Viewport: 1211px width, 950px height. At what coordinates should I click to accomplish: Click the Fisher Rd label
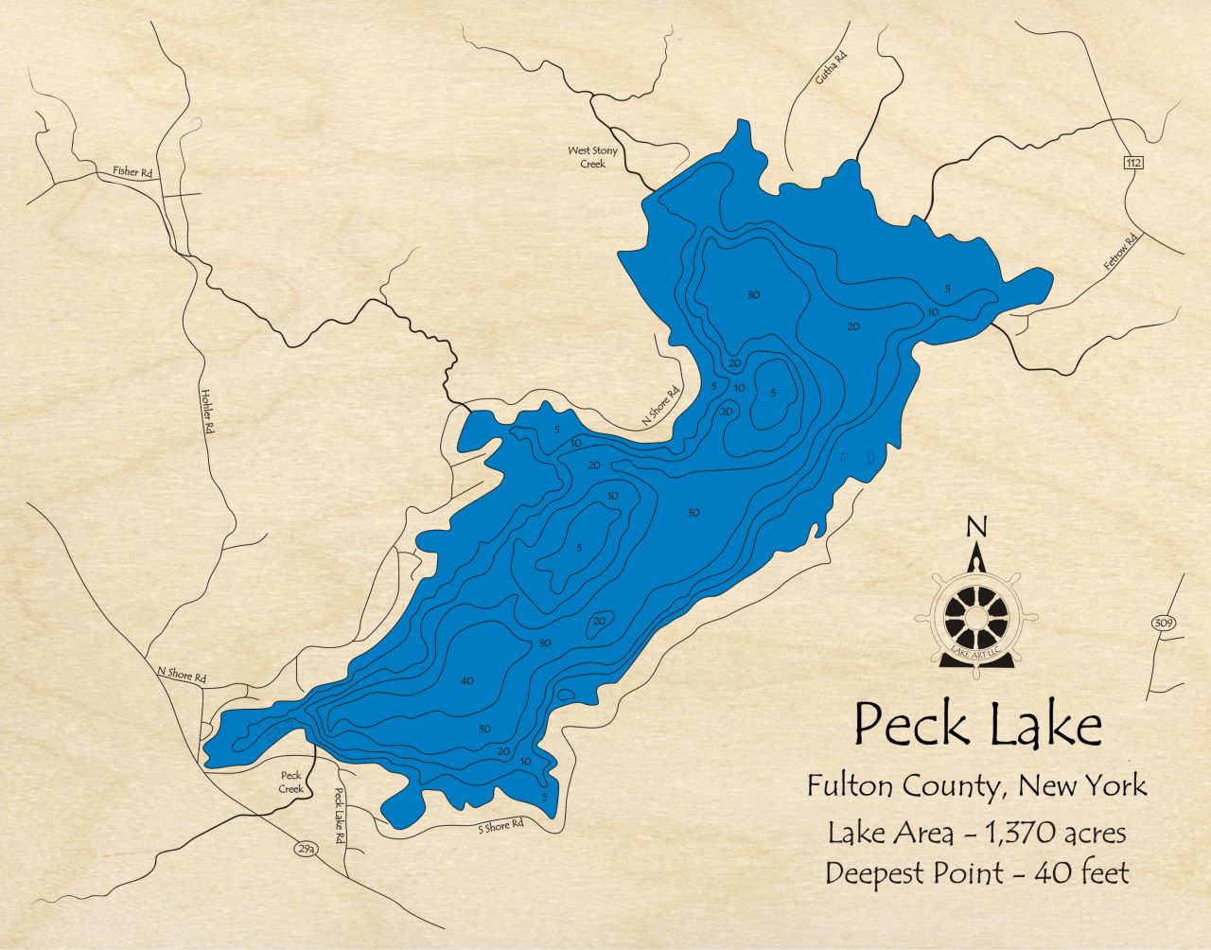(132, 172)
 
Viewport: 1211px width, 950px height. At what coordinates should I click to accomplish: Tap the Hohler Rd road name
(206, 413)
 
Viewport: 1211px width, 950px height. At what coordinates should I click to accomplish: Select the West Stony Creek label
(592, 157)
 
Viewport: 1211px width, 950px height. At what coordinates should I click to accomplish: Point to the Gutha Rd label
(831, 69)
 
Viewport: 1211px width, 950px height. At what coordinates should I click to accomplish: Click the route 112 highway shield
(1134, 163)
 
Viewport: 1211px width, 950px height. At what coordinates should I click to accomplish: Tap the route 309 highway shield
(1163, 623)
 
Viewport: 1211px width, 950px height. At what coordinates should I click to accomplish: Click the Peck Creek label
(291, 782)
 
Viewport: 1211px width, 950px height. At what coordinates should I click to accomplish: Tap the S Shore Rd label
(500, 826)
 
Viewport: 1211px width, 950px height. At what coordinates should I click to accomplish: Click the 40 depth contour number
(466, 681)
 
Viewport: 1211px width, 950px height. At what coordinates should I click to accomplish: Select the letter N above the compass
(977, 527)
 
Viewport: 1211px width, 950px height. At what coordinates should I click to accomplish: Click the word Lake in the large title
(1046, 727)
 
